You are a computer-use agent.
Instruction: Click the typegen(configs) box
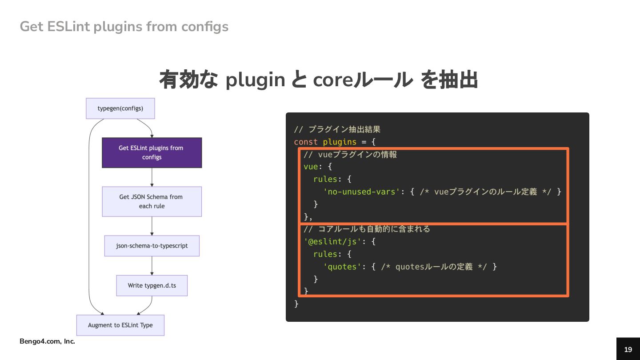[x=120, y=108]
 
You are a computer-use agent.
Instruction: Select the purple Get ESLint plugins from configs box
[x=152, y=152]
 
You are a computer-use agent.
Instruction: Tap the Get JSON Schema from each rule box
[x=152, y=201]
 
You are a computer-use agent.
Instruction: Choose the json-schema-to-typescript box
[x=152, y=246]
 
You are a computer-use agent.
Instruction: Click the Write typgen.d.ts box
[x=152, y=285]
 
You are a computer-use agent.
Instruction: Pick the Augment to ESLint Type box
[x=120, y=325]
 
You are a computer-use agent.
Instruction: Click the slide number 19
[x=628, y=349]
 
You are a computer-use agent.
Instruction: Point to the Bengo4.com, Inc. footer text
[x=47, y=341]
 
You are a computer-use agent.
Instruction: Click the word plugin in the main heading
[x=255, y=80]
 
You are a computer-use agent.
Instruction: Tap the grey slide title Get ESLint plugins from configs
[x=124, y=27]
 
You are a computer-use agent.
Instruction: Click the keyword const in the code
[x=306, y=142]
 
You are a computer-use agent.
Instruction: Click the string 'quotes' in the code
[x=340, y=267]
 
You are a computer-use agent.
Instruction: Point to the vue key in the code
[x=311, y=167]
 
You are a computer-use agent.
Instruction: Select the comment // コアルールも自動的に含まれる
[x=367, y=229]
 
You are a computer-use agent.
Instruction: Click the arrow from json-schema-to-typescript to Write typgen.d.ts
[x=152, y=266]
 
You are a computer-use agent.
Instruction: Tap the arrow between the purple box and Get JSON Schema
[x=152, y=177]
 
